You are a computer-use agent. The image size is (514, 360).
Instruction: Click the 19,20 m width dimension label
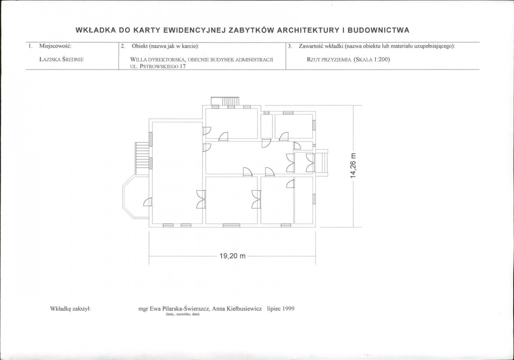point(232,256)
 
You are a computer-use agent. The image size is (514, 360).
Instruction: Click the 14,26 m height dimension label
point(353,166)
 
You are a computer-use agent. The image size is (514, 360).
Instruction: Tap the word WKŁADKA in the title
point(96,30)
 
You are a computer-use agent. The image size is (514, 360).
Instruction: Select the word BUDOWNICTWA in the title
point(378,30)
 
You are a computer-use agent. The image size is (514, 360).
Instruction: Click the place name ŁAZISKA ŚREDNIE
point(61,60)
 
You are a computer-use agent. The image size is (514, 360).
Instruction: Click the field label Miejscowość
point(55,46)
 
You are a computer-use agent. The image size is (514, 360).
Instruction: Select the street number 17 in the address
point(183,66)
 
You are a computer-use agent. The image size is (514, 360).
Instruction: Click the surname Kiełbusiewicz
point(244,309)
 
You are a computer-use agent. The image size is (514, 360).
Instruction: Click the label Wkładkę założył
point(70,309)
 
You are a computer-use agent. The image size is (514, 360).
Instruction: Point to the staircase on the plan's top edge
point(225,101)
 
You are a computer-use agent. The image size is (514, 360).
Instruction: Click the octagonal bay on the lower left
point(136,197)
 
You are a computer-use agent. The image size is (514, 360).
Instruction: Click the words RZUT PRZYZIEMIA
point(329,60)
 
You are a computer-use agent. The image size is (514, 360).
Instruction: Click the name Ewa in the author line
point(155,309)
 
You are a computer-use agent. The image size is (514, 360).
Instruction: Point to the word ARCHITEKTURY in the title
point(308,30)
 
